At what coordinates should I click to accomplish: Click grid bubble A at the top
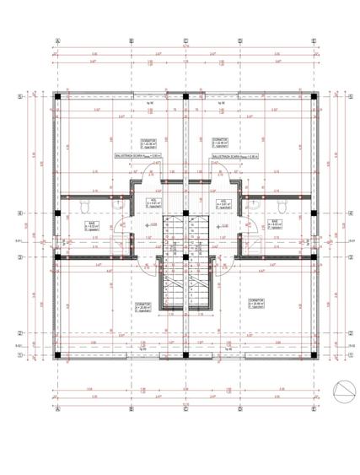point(57,40)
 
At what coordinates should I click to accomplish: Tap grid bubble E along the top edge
point(314,40)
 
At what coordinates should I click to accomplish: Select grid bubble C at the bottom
point(185,411)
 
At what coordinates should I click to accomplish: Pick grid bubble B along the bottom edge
point(131,411)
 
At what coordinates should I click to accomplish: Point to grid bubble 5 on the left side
point(19,97)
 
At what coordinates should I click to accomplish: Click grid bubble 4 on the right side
point(350,213)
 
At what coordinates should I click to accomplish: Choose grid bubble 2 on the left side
point(19,333)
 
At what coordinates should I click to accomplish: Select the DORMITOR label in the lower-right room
point(255,300)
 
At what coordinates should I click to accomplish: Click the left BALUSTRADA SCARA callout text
point(132,156)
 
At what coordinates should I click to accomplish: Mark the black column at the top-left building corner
point(57,97)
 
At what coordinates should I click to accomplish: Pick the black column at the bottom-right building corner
point(313,355)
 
